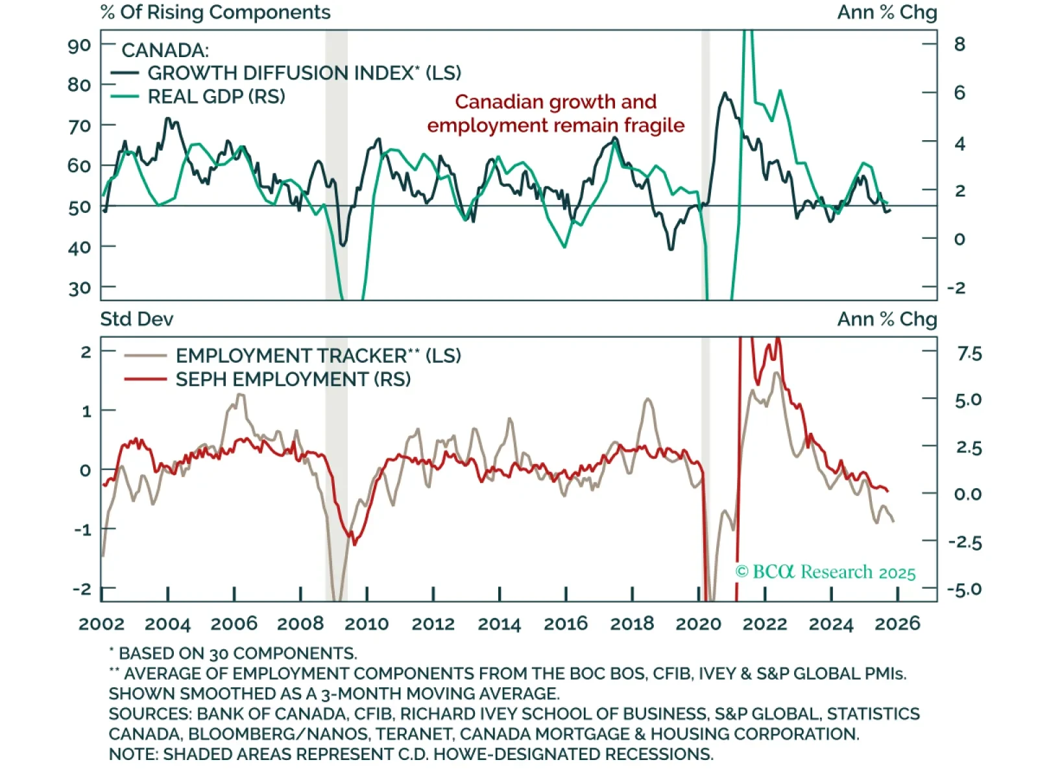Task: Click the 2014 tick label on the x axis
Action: [x=499, y=624]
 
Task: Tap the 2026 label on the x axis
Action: [x=897, y=624]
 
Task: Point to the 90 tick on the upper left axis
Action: [x=79, y=45]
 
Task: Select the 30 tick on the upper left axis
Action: [x=79, y=288]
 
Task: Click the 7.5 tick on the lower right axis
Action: [x=969, y=354]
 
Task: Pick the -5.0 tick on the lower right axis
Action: [x=965, y=590]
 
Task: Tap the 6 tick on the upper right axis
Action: [x=960, y=93]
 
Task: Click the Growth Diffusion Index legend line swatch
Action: [x=124, y=73]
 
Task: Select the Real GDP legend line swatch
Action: [x=124, y=97]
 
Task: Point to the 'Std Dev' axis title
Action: [x=137, y=319]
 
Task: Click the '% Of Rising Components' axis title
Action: [x=215, y=12]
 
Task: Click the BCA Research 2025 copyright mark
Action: [x=825, y=572]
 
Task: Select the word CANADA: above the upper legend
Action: [x=165, y=51]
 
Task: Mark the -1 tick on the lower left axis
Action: [x=82, y=530]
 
